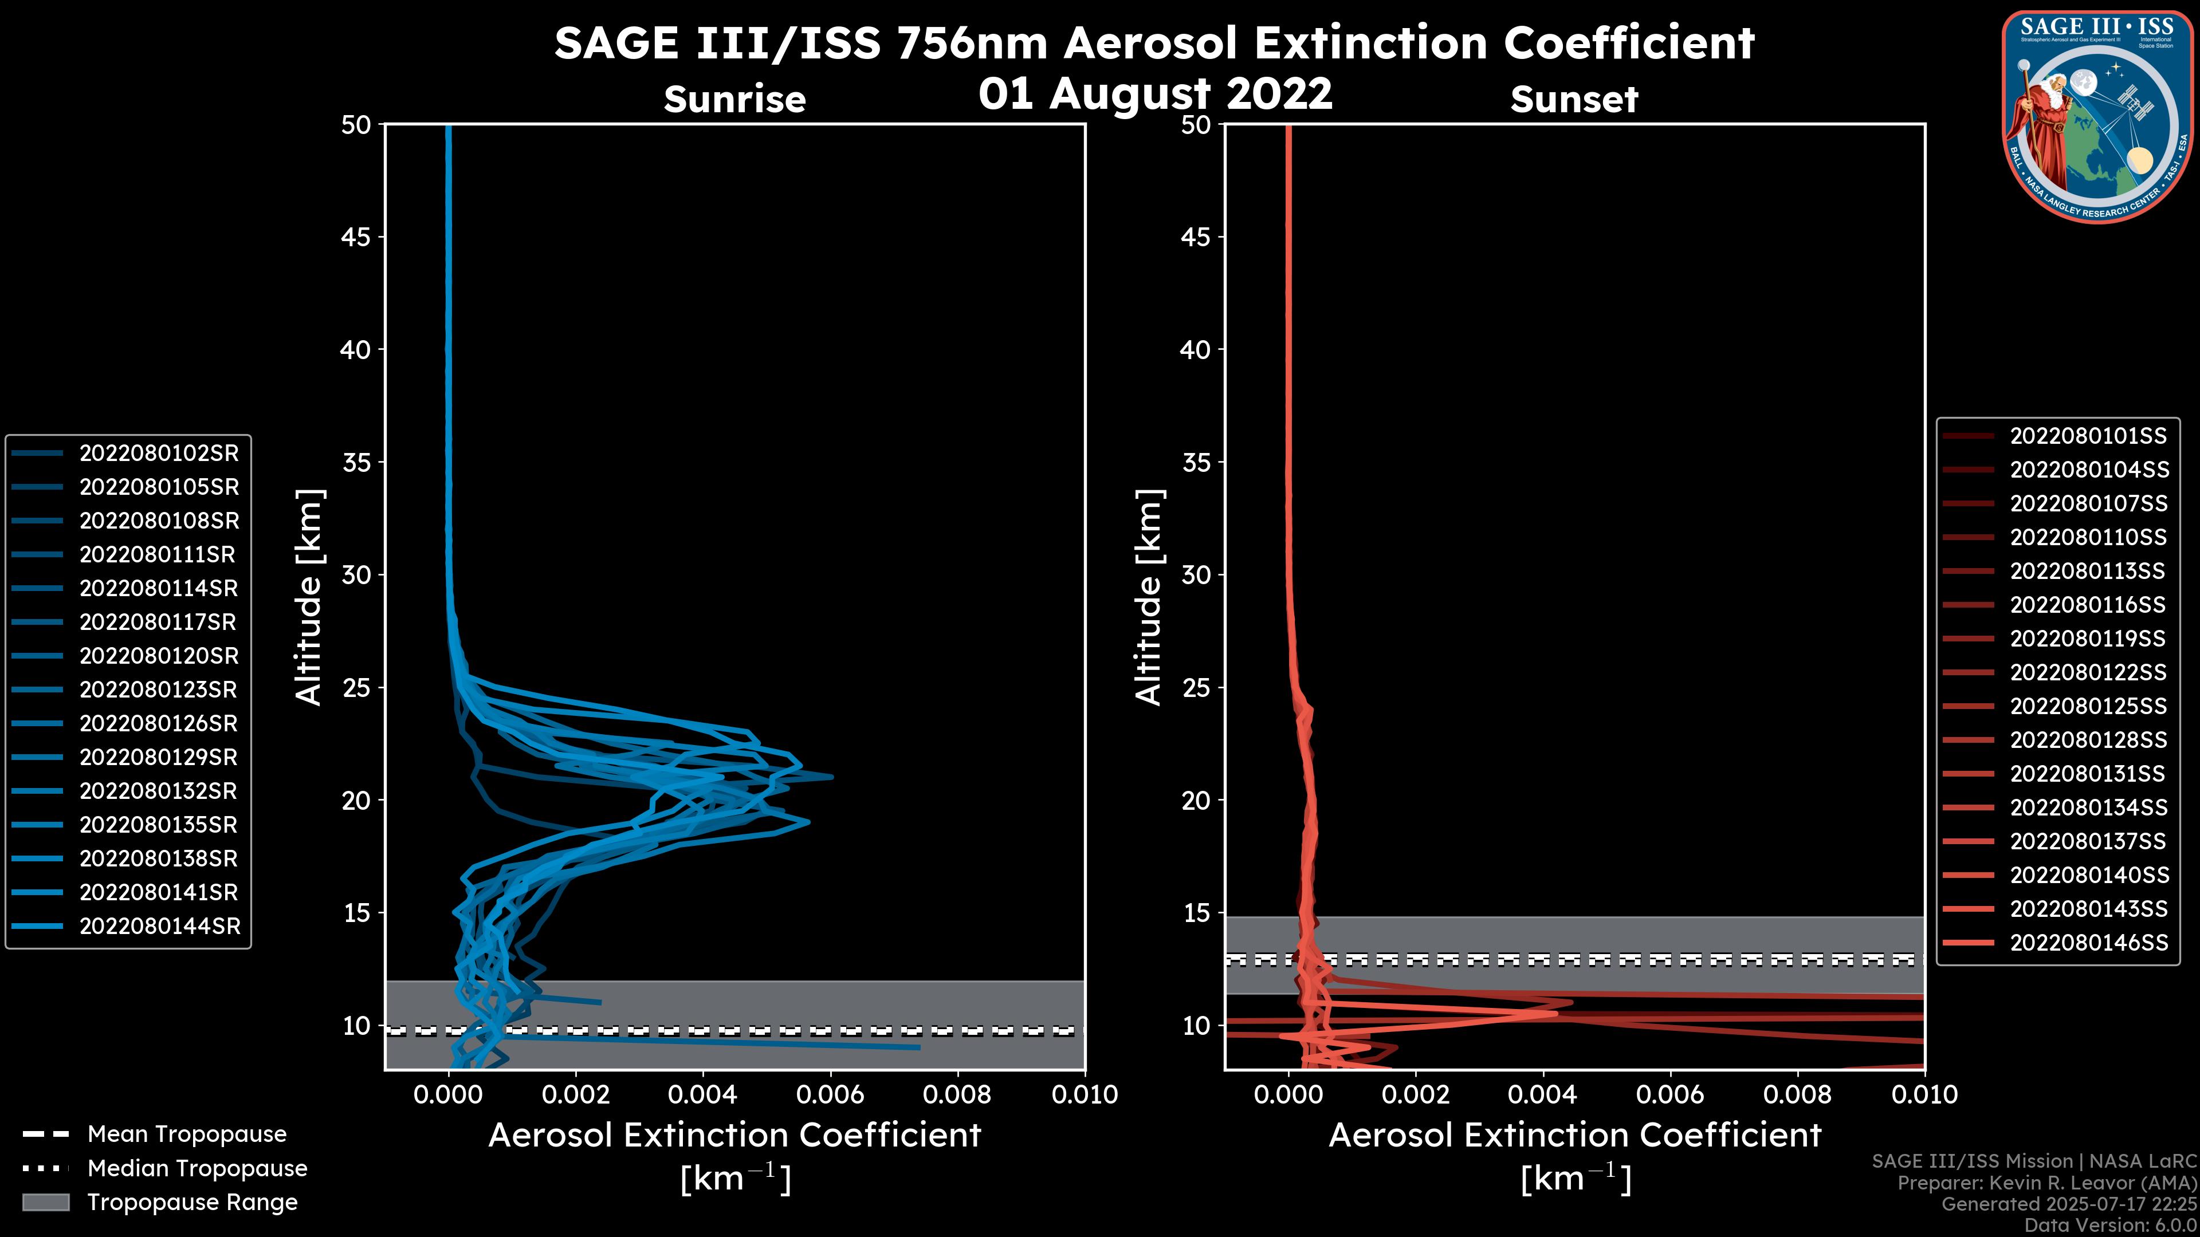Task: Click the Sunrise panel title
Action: click(x=734, y=99)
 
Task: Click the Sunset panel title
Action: click(x=1573, y=99)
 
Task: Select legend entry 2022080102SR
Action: click(x=159, y=454)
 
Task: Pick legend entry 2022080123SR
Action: click(x=159, y=690)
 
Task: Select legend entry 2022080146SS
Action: click(x=2088, y=943)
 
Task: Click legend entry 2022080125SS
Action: click(x=2088, y=706)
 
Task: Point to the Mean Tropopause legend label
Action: click(x=187, y=1134)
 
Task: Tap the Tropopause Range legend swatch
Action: click(x=45, y=1202)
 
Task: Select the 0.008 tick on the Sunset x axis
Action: click(x=1798, y=1094)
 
